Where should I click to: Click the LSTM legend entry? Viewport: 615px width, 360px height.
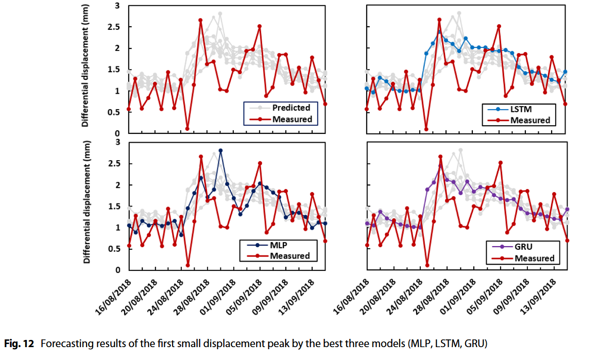click(x=521, y=110)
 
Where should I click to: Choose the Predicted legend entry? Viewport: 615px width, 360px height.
click(x=291, y=108)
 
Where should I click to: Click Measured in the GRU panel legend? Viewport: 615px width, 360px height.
click(x=534, y=258)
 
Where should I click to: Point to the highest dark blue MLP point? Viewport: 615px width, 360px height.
click(x=220, y=150)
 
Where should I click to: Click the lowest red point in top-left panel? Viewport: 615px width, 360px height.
click(x=187, y=129)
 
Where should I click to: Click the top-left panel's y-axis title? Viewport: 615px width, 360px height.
click(x=86, y=67)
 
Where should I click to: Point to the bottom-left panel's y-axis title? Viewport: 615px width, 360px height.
click(x=86, y=203)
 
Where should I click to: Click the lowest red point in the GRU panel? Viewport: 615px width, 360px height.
click(x=427, y=265)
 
